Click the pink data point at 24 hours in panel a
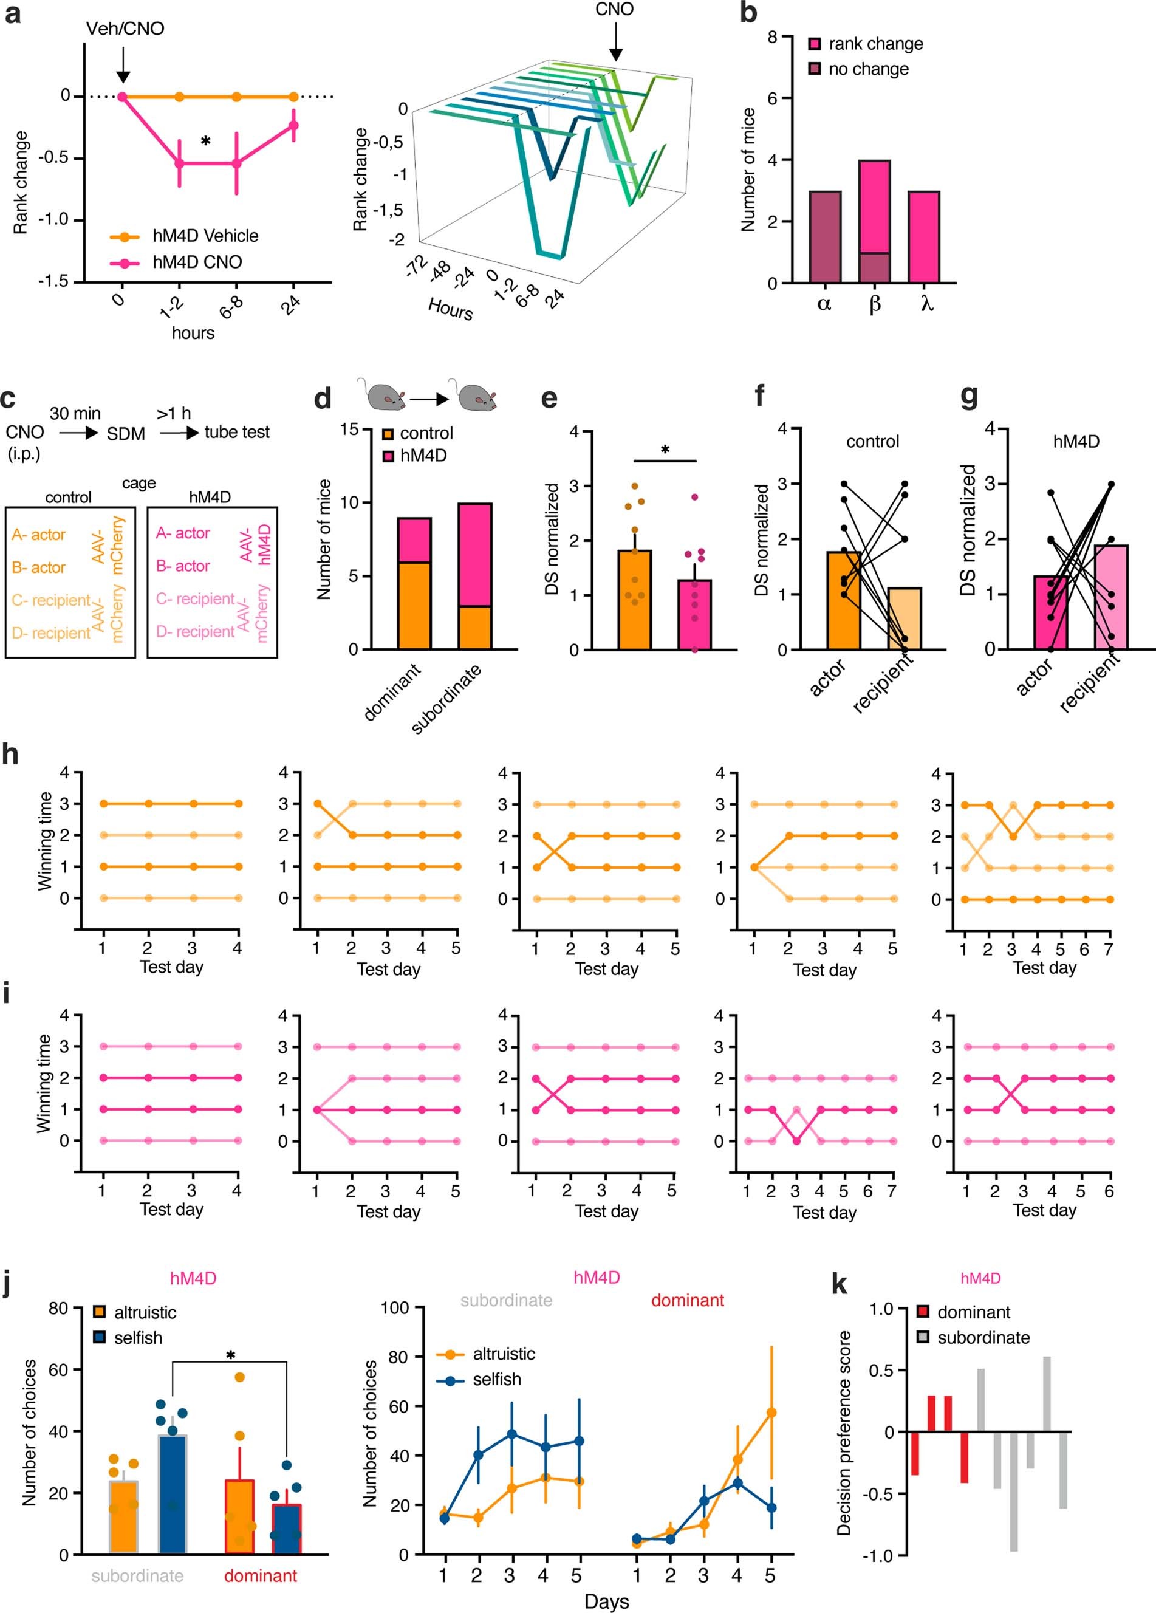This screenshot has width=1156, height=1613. (293, 126)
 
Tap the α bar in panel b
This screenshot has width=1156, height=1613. (825, 237)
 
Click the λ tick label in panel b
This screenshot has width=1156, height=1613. (926, 304)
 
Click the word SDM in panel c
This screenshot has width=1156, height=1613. (126, 433)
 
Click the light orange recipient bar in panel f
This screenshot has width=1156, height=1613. (905, 618)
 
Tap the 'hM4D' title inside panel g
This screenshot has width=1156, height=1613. (1076, 442)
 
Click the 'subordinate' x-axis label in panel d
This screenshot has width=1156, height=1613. (446, 699)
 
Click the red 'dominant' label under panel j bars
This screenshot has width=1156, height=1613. (260, 1575)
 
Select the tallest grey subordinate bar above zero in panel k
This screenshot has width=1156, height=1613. (1047, 1394)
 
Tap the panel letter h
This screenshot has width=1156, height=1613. (10, 755)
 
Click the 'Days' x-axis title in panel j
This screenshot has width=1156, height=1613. (606, 1601)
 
